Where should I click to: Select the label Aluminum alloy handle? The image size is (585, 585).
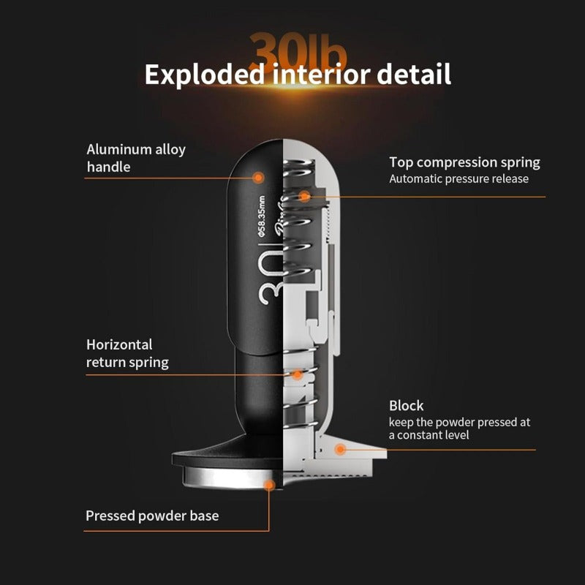point(136,158)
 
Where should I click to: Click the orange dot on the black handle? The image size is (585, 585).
point(257,177)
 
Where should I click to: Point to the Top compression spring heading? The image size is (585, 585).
point(464,162)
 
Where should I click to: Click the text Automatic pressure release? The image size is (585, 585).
point(458,178)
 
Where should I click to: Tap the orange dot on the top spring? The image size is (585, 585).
point(304,196)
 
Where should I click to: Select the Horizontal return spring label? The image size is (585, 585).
point(127,353)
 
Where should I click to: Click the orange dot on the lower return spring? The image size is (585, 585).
point(298,375)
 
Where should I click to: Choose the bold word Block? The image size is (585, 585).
point(407,405)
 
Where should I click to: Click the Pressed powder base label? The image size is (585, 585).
point(152,516)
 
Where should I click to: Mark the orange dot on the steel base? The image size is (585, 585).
point(269,484)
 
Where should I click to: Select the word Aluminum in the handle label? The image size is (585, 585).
point(119,150)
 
